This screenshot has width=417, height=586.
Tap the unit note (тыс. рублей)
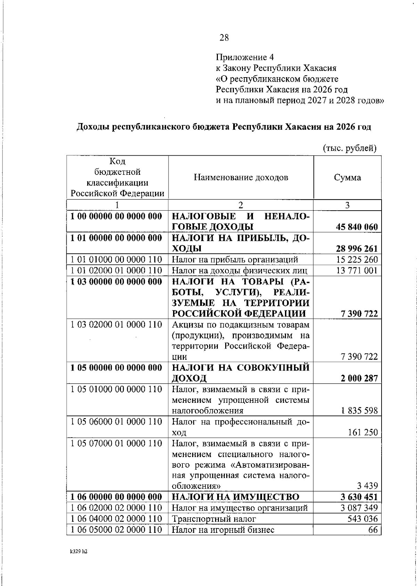(350, 148)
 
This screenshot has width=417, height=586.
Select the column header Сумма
(347, 178)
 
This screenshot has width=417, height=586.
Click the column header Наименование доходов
(241, 178)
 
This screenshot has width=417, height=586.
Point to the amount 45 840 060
(357, 227)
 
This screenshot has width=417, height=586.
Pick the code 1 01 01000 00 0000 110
(116, 260)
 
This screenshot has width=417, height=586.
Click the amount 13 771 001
(357, 270)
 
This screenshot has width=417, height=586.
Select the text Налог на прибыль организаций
(235, 260)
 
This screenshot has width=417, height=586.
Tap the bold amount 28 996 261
(357, 249)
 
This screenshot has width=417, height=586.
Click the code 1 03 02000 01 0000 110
(116, 325)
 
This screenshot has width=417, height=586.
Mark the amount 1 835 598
(359, 411)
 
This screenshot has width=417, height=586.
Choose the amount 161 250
(362, 432)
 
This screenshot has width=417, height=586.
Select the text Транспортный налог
(214, 519)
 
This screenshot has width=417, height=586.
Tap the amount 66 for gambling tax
(373, 530)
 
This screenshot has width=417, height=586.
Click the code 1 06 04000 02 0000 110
(116, 519)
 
